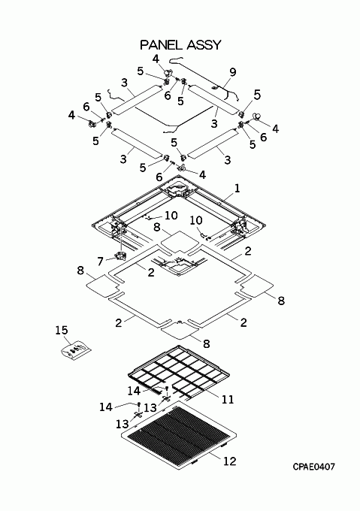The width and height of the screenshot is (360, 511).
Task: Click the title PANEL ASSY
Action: click(180, 44)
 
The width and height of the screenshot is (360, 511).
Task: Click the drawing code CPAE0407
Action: click(313, 467)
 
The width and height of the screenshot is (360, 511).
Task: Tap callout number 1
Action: click(237, 188)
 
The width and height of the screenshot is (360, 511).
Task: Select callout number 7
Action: click(101, 261)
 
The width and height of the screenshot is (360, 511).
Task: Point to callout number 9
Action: click(232, 71)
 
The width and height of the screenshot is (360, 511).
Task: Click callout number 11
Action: click(228, 399)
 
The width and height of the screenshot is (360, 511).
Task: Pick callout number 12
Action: click(229, 461)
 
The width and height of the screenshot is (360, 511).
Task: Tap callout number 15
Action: click(61, 330)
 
